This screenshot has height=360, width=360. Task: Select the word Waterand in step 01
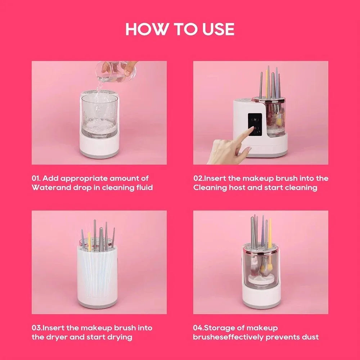pyautogui.click(x=47, y=188)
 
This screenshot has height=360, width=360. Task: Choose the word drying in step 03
pyautogui.click(x=120, y=337)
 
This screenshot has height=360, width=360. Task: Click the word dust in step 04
pyautogui.click(x=310, y=337)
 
